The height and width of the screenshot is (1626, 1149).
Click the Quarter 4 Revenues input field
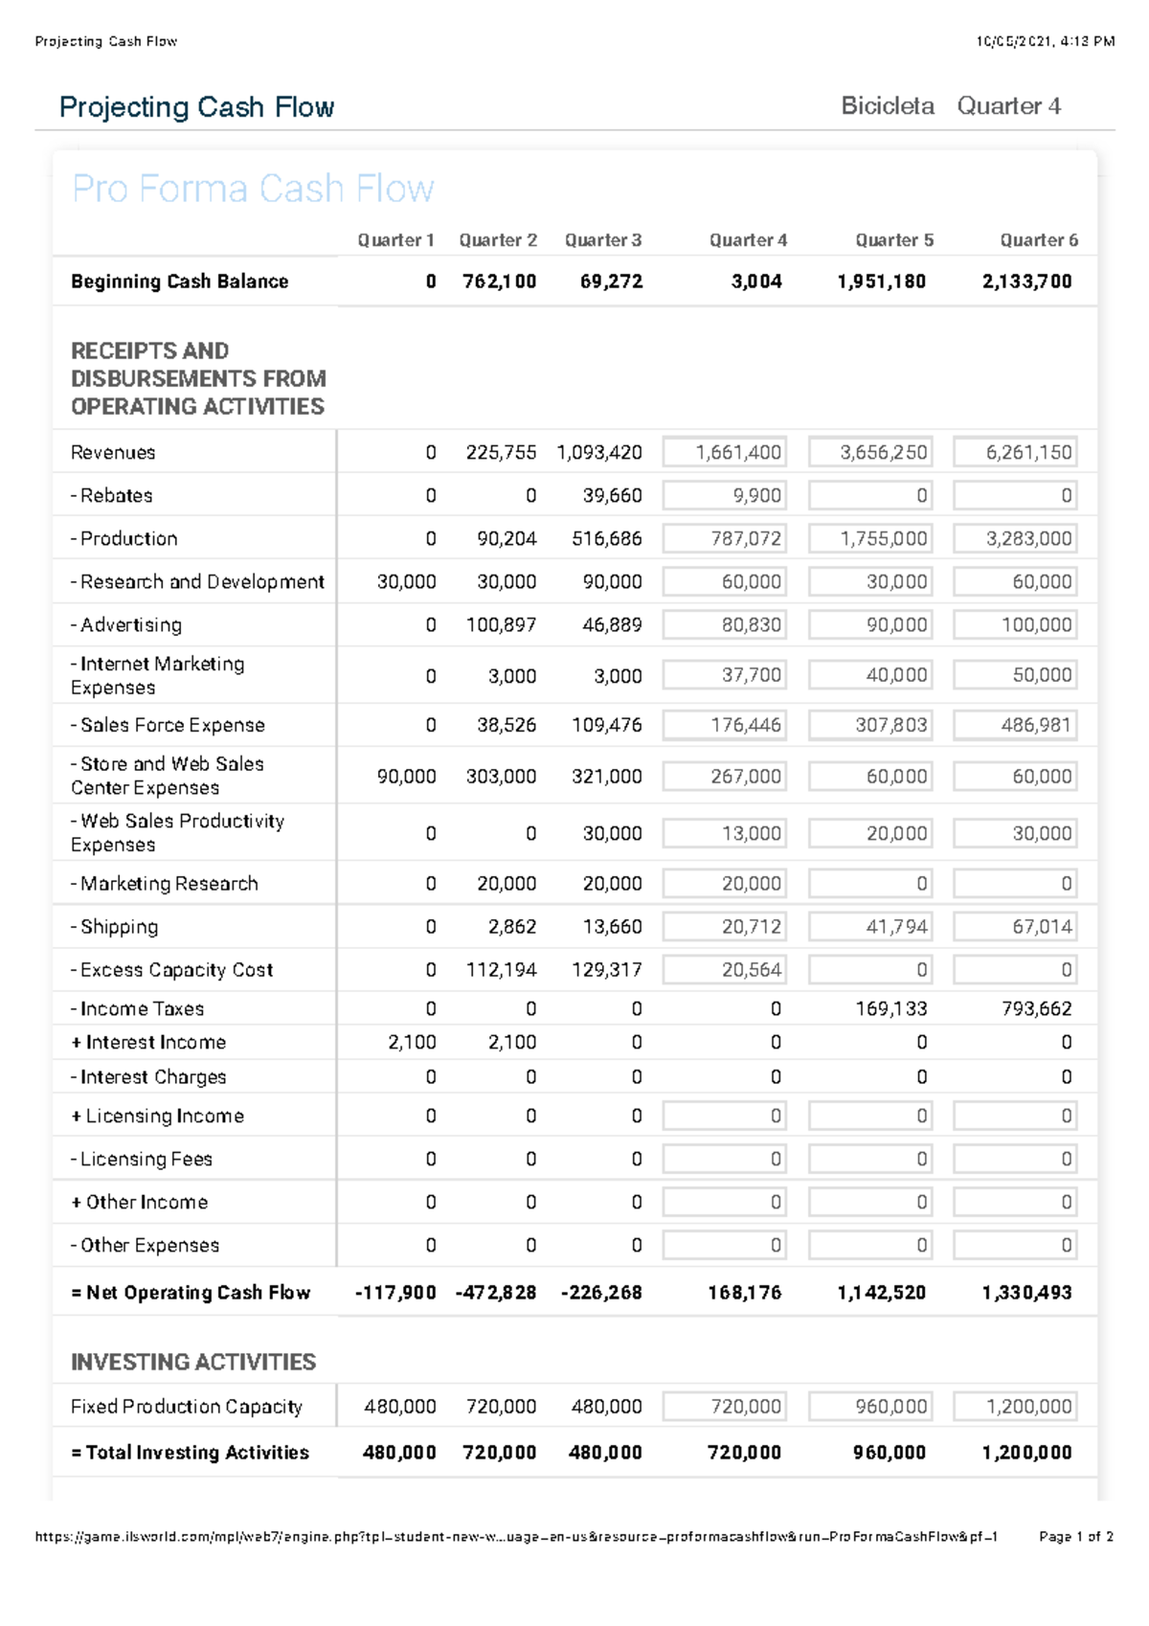[x=724, y=452]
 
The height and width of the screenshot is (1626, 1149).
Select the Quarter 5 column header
[x=893, y=240]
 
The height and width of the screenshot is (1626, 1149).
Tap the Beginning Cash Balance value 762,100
[x=499, y=282]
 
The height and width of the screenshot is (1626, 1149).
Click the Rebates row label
[x=112, y=496]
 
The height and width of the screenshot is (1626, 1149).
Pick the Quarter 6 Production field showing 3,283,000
[x=1015, y=539]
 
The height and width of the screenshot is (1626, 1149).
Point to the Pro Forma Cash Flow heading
[x=253, y=189]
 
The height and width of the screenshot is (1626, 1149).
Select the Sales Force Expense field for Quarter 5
[x=869, y=726]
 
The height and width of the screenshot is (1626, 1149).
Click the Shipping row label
[x=115, y=927]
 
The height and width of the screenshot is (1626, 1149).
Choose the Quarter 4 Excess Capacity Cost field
[x=724, y=970]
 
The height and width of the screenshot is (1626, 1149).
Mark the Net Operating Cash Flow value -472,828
[x=496, y=1293]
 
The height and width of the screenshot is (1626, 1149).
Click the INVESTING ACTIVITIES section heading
[x=193, y=1362]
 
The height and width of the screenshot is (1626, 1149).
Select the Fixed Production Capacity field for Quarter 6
[x=1015, y=1407]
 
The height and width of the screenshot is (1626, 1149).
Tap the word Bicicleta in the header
[x=887, y=106]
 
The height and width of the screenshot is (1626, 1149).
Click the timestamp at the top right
[x=1045, y=41]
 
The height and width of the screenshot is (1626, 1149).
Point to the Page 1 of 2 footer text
[x=1075, y=1537]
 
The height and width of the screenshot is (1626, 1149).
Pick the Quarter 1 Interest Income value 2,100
[x=412, y=1043]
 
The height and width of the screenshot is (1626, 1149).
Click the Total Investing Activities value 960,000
[x=889, y=1453]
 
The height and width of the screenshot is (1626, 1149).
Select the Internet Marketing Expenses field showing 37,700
[x=724, y=675]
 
